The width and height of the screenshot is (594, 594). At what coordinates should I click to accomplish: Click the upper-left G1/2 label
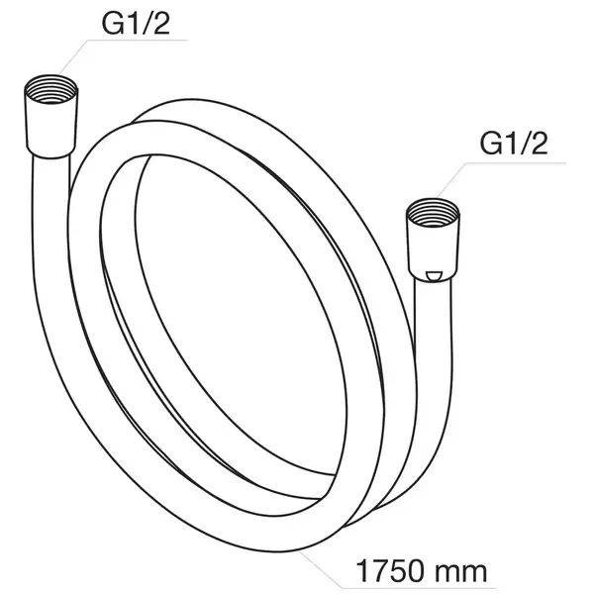pos(136,24)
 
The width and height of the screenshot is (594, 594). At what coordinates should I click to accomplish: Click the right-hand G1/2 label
pos(514,144)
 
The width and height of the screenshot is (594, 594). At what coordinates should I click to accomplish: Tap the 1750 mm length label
pos(422,571)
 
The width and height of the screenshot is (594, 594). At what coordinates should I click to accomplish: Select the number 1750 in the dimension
pos(390,571)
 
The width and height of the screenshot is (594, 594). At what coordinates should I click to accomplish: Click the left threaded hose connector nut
pos(51,116)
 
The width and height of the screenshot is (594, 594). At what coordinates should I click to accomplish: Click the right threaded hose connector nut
pos(433,240)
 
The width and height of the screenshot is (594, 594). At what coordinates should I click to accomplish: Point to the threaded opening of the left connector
pos(51,90)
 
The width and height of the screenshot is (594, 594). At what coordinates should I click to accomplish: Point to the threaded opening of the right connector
pos(433,213)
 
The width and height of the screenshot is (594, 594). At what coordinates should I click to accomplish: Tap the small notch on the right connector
pos(434,276)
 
